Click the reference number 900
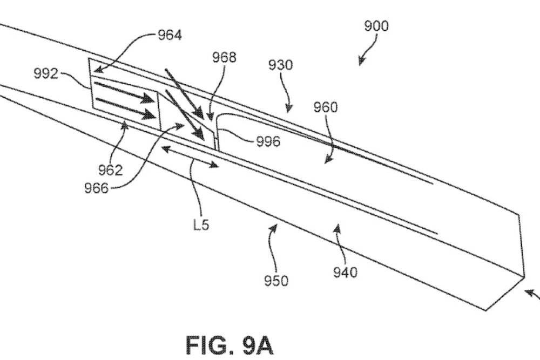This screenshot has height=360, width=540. pyautogui.click(x=376, y=26)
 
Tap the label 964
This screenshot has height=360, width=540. pyautogui.click(x=170, y=36)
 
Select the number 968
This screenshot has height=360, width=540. pyautogui.click(x=224, y=58)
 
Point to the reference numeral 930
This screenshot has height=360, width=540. pyautogui.click(x=281, y=65)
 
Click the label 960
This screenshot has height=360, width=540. pyautogui.click(x=326, y=107)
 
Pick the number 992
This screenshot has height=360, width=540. pyautogui.click(x=46, y=74)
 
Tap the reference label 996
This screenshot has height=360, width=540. pyautogui.click(x=268, y=142)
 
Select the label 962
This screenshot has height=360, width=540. pyautogui.click(x=111, y=171)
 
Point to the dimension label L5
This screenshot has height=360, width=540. pyautogui.click(x=201, y=225)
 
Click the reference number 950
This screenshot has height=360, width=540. pyautogui.click(x=276, y=281)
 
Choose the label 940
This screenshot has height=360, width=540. pyautogui.click(x=346, y=273)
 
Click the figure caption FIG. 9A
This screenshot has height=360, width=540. pyautogui.click(x=230, y=343)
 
